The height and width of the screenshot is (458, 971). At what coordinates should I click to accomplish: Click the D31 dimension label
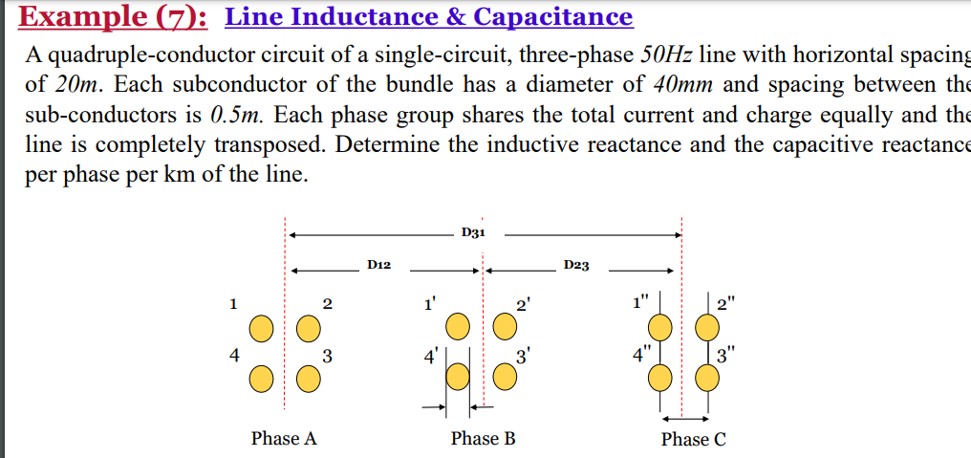[x=473, y=232]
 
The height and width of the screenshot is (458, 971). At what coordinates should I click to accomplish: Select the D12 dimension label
[x=378, y=264]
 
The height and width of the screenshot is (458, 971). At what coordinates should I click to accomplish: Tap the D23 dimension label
[x=576, y=264]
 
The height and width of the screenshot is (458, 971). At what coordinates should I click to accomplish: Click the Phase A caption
[x=284, y=439]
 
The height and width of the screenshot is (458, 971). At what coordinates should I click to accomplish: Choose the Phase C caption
[x=693, y=440]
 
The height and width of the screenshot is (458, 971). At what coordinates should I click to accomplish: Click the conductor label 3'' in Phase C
[x=728, y=360]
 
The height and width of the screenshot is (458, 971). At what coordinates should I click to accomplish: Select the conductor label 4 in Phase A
[x=232, y=356]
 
